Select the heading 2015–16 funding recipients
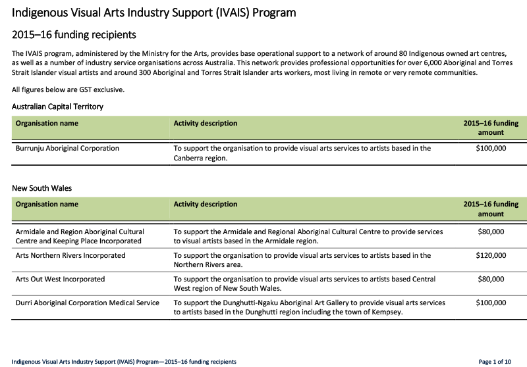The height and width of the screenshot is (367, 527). [78, 34]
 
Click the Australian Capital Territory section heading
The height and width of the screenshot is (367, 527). [57, 106]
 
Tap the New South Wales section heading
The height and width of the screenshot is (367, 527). [42, 188]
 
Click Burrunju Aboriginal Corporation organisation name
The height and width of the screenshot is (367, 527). [67, 149]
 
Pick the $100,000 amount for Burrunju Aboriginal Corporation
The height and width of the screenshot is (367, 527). [491, 149]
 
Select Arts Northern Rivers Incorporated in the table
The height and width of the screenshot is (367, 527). [70, 255]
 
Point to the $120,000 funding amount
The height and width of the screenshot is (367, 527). [491, 255]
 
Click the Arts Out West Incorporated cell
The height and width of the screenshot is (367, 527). [60, 279]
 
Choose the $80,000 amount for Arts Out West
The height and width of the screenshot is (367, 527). [491, 279]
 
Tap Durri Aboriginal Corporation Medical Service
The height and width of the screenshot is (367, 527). [87, 303]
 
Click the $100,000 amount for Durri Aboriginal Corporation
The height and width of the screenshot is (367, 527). [491, 303]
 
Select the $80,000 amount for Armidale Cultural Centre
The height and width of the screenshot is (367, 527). [491, 232]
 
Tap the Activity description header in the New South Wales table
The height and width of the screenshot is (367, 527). [206, 205]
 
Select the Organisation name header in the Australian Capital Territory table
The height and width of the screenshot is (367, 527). [47, 123]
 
